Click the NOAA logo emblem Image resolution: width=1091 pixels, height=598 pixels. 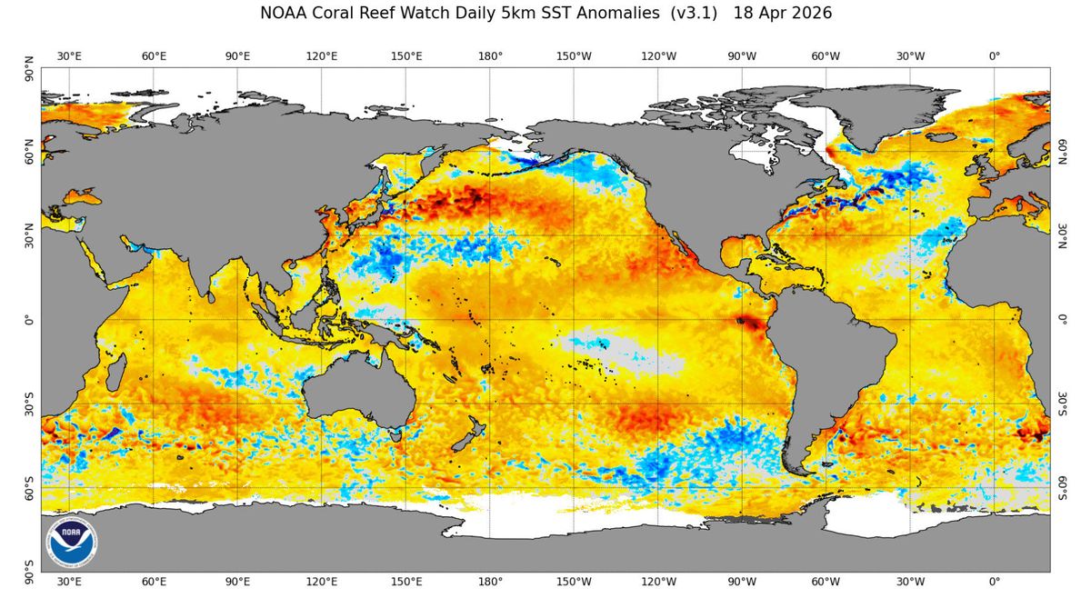73,542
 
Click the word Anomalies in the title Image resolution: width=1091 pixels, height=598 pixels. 611,14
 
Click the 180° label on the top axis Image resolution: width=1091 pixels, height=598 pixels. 490,56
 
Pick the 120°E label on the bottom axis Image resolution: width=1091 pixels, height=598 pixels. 322,582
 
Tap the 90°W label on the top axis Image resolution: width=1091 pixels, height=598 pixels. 742,56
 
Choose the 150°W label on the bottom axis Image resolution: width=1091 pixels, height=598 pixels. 574,582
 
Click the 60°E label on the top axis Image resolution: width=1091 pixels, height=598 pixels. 154,56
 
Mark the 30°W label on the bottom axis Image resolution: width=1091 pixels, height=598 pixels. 910,582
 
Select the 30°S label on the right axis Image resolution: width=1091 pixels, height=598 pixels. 1061,404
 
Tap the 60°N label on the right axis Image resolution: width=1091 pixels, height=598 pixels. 1061,152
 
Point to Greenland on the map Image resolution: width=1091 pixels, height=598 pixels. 873,118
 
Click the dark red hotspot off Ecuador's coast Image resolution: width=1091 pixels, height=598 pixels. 749,322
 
